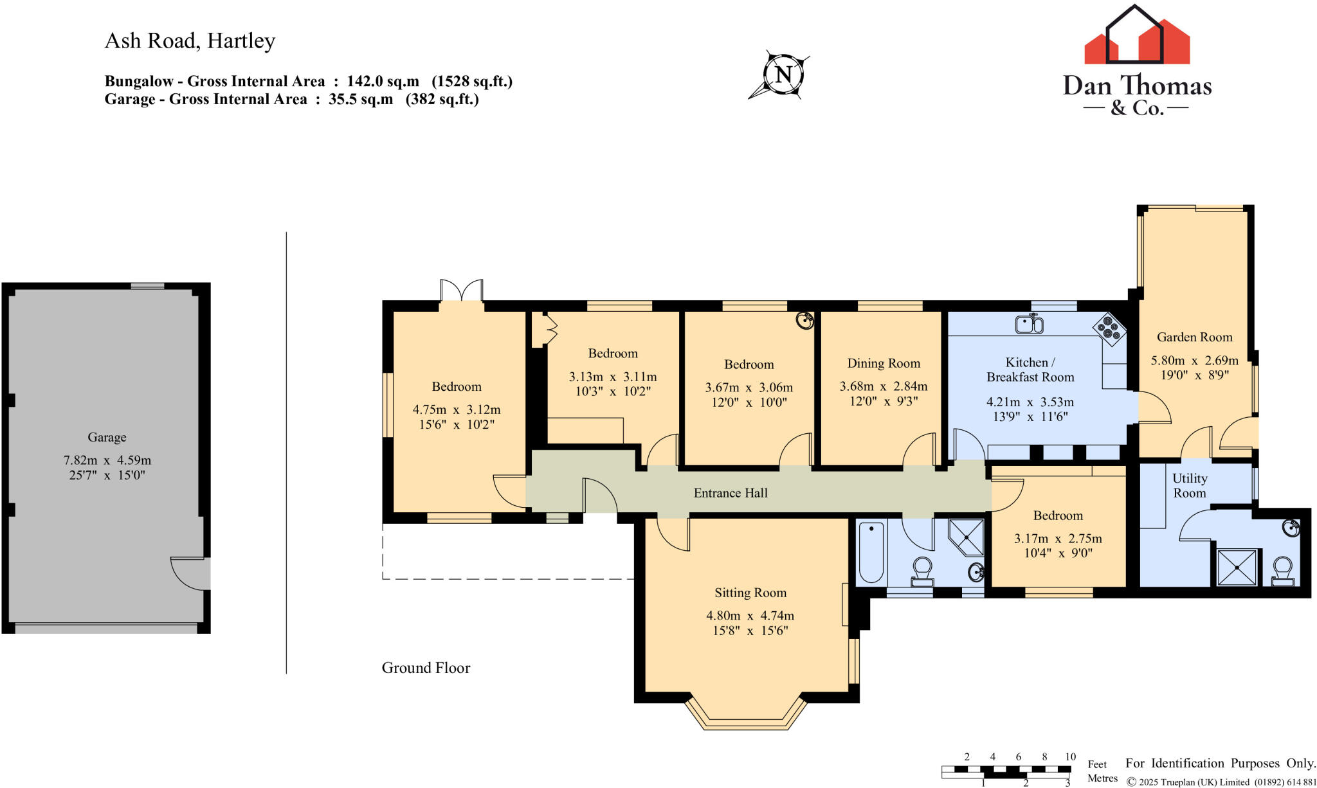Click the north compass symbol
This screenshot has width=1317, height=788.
[782, 75]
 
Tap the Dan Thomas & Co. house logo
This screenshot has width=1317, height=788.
[1137, 35]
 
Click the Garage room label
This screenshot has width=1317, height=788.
[107, 437]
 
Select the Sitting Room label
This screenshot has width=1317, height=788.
[750, 593]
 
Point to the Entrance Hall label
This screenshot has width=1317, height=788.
[731, 493]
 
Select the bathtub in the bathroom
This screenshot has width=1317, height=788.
[871, 553]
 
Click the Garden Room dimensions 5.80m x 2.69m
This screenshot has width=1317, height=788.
[1194, 361]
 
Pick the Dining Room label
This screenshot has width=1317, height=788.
[884, 363]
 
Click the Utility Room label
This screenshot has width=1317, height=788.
[1190, 485]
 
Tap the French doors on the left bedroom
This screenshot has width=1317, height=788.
[462, 291]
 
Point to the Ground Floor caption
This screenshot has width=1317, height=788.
[426, 668]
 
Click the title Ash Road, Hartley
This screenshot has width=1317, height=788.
[190, 40]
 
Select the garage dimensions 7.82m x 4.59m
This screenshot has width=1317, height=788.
[107, 460]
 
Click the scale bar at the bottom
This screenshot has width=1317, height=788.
[1006, 769]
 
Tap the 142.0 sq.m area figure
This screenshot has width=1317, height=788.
[383, 81]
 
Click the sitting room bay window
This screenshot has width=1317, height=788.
[746, 712]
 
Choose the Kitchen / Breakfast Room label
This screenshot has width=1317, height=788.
[1030, 370]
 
